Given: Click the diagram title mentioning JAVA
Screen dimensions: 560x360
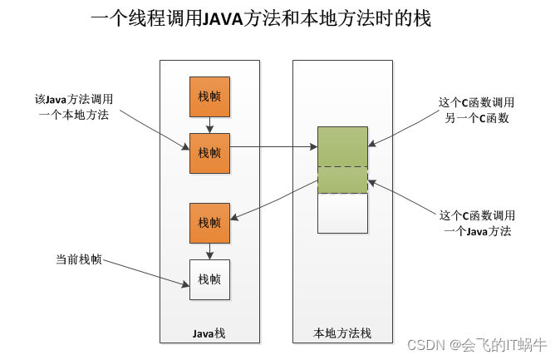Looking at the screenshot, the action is (x=261, y=17).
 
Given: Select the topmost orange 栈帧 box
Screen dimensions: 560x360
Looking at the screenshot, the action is (x=209, y=96).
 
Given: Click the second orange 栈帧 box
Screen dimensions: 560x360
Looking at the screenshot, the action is (x=209, y=153).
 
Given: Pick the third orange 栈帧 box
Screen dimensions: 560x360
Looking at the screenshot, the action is (x=209, y=223).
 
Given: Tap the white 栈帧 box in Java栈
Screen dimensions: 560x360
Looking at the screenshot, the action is (x=209, y=279).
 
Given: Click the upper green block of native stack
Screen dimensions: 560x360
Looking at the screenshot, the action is (x=342, y=146).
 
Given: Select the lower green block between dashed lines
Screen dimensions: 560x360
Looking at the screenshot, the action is (x=342, y=180).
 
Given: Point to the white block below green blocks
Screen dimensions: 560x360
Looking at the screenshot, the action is (x=342, y=214).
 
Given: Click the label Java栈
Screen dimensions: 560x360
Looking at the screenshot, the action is (x=209, y=333).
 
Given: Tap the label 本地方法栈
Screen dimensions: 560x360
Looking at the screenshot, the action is (x=342, y=333).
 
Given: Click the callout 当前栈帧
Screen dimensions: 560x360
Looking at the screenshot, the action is (x=79, y=259).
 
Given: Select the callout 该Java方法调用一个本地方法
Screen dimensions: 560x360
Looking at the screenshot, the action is (x=74, y=107).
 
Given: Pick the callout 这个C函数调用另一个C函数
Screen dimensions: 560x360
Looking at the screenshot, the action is (x=476, y=110).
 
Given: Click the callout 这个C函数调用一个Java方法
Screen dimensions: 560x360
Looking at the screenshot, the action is (x=477, y=224).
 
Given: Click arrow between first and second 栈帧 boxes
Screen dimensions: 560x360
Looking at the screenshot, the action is (x=209, y=125).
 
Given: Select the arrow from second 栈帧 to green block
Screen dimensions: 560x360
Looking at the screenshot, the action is (x=273, y=146).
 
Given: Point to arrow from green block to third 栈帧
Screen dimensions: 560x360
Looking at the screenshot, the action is (x=274, y=200).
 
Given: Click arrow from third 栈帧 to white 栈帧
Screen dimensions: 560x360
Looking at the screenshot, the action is (x=209, y=251).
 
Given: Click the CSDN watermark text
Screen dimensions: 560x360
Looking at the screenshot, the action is (x=477, y=345).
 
